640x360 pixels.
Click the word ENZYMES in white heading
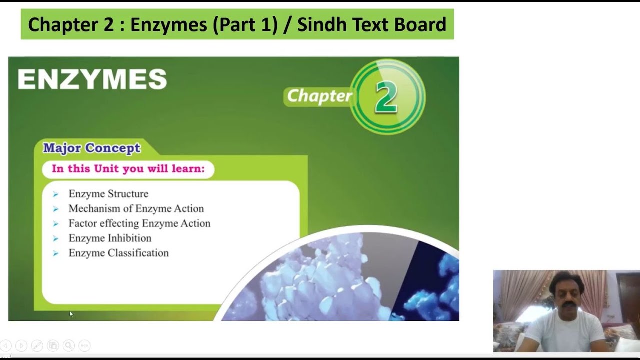[x=92, y=79]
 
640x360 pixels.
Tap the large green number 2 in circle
[x=386, y=97]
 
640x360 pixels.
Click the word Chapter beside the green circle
[x=319, y=96]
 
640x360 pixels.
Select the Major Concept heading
[x=92, y=148]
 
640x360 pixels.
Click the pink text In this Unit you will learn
[x=128, y=169]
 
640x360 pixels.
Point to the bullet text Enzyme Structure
[x=108, y=194]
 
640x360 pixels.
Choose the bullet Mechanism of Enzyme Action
[x=136, y=209]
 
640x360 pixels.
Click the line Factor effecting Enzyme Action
[x=139, y=223]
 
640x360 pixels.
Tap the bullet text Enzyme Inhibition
[x=110, y=238]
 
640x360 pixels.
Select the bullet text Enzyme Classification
[x=118, y=253]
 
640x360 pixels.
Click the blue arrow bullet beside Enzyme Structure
[x=56, y=194]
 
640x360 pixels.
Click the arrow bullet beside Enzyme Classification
[x=56, y=253]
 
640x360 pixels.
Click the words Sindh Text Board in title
[x=371, y=24]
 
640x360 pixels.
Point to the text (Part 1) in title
[x=245, y=24]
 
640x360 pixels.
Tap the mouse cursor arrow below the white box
[x=71, y=314]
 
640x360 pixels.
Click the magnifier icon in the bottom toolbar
[x=69, y=345]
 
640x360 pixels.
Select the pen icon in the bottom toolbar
[x=37, y=345]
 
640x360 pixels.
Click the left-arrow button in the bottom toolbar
[x=6, y=345]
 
